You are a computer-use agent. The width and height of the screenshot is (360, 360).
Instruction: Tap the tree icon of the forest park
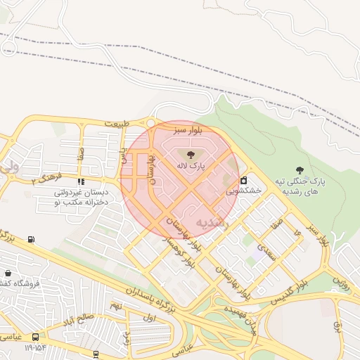[x=300, y=169]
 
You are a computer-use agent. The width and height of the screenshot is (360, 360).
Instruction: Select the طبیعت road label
[x=117, y=124]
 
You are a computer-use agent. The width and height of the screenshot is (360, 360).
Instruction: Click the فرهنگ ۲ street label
[x=46, y=178]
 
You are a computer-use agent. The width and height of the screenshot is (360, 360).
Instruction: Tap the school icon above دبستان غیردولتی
[x=81, y=181]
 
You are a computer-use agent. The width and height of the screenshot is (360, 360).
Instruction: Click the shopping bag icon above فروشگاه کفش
[x=7, y=273]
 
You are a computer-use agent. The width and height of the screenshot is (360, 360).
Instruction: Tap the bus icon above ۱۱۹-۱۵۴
[x=34, y=336]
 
